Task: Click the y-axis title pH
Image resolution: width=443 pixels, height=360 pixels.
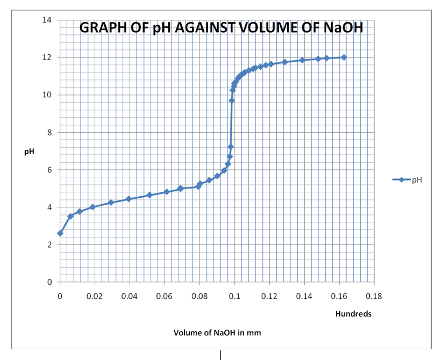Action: click(29, 152)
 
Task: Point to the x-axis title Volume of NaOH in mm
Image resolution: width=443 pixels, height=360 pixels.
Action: click(217, 333)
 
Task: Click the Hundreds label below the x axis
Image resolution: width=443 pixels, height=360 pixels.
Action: click(353, 314)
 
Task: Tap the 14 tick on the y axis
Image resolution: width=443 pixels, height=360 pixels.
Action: click(47, 20)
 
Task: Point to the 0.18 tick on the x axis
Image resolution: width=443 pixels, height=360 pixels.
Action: click(374, 296)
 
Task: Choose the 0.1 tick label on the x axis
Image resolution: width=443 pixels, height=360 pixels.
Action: click(234, 296)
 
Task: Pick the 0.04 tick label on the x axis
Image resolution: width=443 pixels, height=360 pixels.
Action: click(130, 296)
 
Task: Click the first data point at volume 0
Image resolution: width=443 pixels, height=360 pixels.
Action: click(60, 233)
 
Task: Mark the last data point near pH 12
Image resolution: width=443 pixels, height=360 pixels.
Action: click(344, 57)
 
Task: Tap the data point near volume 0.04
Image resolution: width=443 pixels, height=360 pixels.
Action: click(128, 199)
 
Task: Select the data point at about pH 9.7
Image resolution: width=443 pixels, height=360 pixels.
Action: click(232, 100)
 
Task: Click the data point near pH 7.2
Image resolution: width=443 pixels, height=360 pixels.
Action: click(231, 147)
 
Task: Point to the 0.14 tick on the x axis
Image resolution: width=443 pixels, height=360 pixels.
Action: click(304, 296)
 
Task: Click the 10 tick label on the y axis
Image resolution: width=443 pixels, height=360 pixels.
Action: click(47, 95)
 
